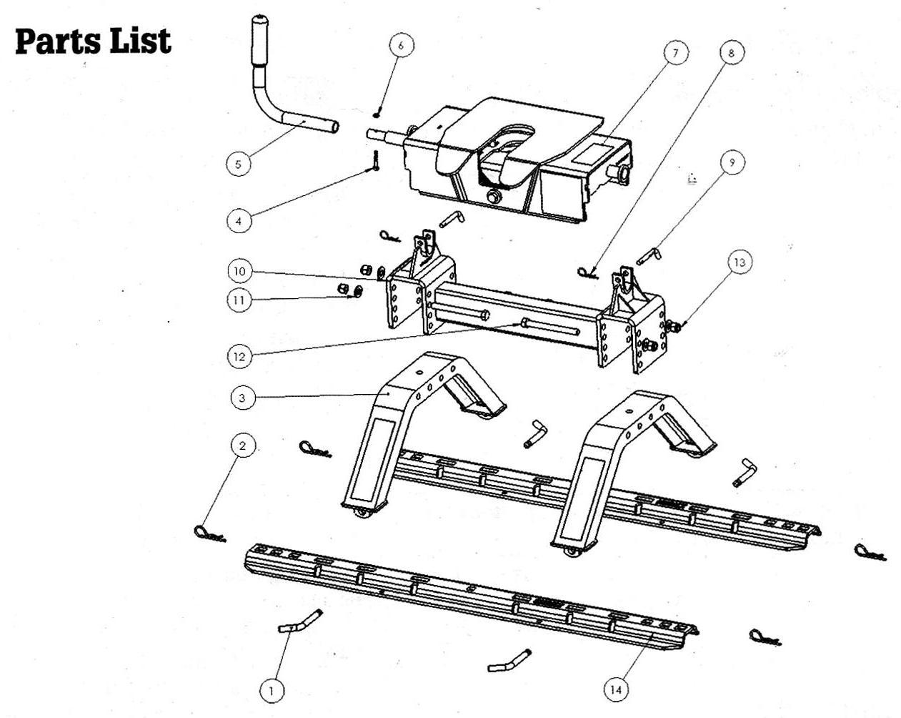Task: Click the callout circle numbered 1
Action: click(272, 690)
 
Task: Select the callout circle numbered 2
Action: click(242, 446)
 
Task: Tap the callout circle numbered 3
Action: click(243, 398)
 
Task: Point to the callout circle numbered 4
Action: click(239, 220)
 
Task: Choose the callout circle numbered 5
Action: click(238, 164)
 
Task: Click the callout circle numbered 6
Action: click(401, 45)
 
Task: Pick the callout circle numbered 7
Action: click(676, 53)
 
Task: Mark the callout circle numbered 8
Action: click(732, 52)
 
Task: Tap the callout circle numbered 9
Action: click(732, 162)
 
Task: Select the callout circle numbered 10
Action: click(239, 271)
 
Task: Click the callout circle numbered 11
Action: click(239, 300)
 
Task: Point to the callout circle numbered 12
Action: click(239, 357)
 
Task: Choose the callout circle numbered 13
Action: click(740, 262)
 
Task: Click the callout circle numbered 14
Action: click(617, 689)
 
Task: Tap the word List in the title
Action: click(141, 41)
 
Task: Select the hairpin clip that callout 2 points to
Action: click(209, 534)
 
